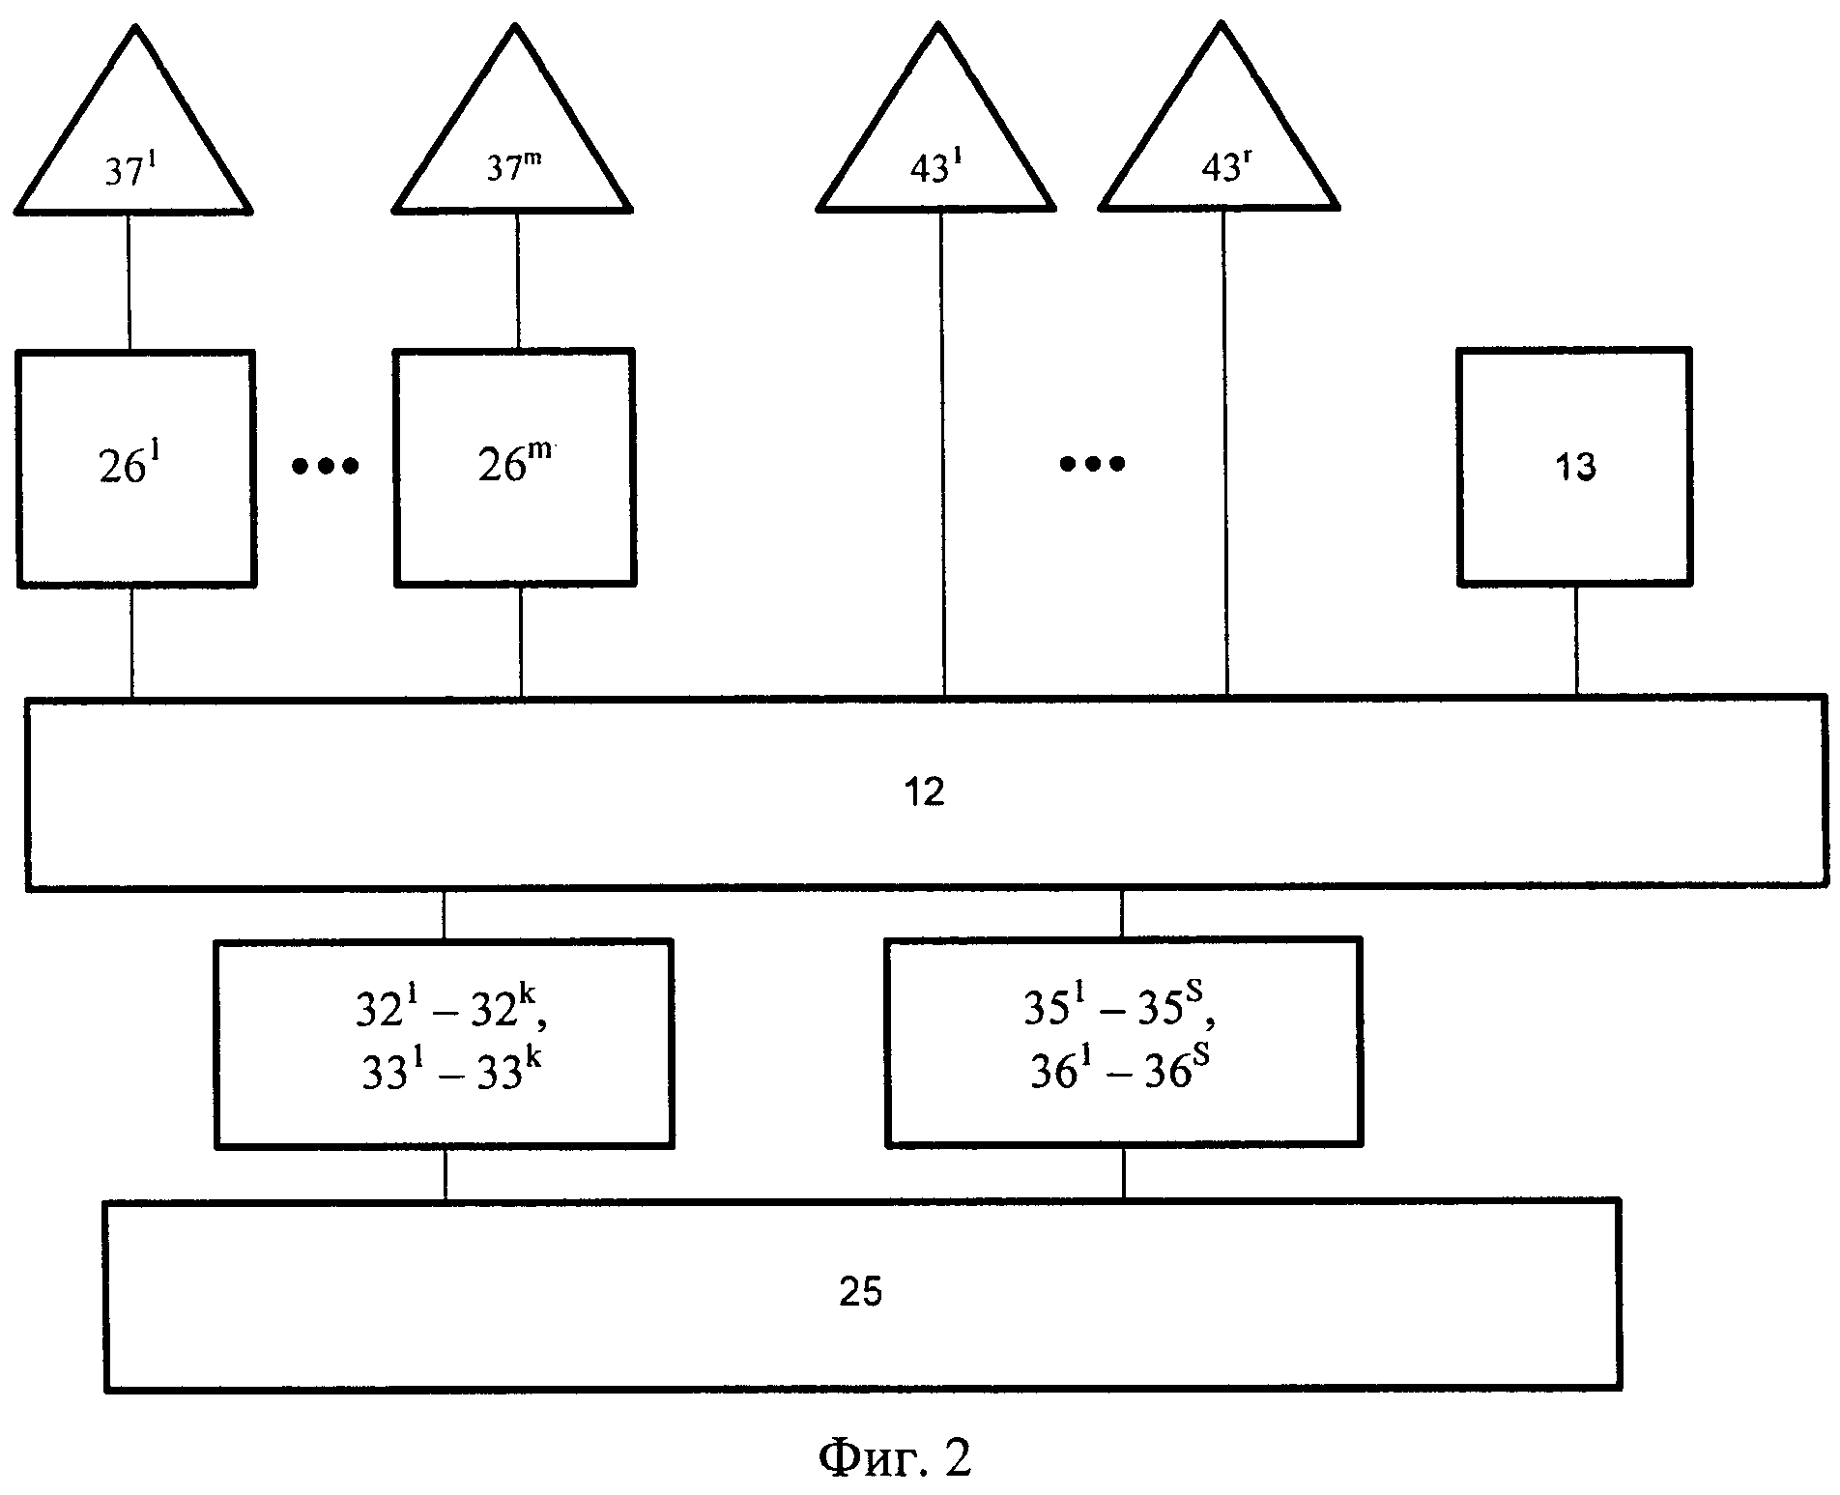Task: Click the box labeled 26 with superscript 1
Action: [x=136, y=469]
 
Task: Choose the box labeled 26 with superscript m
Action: [x=515, y=469]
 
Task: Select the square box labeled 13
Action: [x=1574, y=468]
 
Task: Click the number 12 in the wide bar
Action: [x=926, y=793]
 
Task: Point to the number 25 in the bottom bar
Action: [x=860, y=1293]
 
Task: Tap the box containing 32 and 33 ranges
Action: [x=444, y=1043]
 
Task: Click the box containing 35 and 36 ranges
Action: [x=1123, y=1043]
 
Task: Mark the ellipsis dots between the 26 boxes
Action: [x=326, y=467]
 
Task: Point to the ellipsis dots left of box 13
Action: [x=1092, y=464]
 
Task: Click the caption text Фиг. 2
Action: [x=894, y=1458]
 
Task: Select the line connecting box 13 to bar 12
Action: [x=1577, y=640]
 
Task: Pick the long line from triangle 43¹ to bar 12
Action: [x=943, y=454]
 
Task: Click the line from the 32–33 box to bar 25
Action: [x=445, y=1174]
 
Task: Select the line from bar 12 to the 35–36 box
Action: [x=1121, y=912]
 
